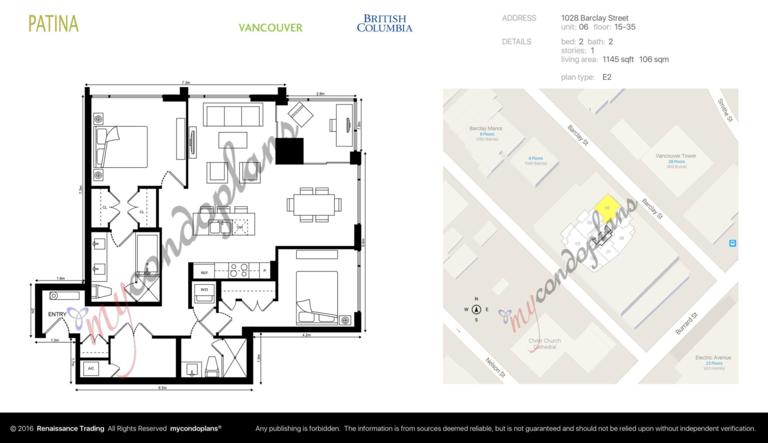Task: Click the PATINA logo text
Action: coord(54,24)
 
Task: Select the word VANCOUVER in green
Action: coord(270,28)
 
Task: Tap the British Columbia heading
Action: coord(384,24)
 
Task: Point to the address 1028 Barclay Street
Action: coord(595,18)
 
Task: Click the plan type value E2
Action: coord(607,77)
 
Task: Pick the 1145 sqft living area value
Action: coord(618,60)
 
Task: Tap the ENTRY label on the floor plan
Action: coord(57,314)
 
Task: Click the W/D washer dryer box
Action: coord(205,290)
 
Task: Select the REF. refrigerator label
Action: coord(205,273)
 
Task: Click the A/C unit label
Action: coord(91,369)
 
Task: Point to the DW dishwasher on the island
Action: coord(240,227)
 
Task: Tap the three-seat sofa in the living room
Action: coord(232,116)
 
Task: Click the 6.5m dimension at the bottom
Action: coord(162,388)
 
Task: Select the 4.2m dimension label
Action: coord(306,335)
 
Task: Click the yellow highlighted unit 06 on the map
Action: coord(605,209)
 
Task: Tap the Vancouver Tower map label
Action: coord(676,156)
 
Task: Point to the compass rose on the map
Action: coord(476,310)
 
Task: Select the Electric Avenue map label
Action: coord(714,358)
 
